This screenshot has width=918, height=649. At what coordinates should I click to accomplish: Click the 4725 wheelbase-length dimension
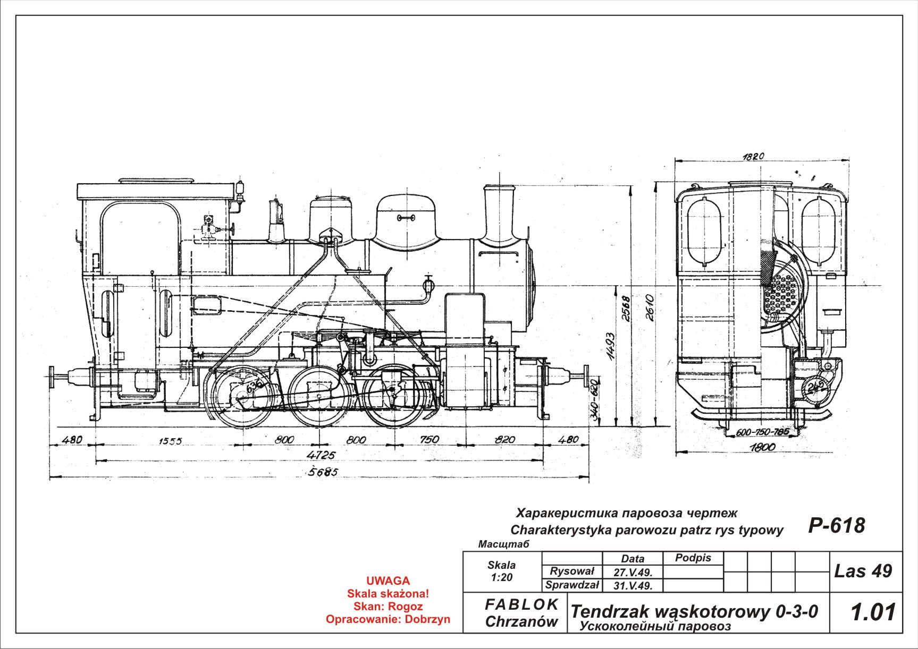(322, 455)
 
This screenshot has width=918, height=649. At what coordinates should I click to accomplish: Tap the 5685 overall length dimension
(323, 472)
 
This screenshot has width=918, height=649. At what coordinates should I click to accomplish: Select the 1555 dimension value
(170, 441)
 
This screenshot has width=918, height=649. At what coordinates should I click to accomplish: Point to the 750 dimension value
(429, 439)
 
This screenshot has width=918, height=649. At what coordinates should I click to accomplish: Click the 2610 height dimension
(650, 307)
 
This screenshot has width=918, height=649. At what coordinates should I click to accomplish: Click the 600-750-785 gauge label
(763, 432)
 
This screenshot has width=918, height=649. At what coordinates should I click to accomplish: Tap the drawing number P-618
(836, 525)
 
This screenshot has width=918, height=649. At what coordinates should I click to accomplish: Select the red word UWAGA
(388, 580)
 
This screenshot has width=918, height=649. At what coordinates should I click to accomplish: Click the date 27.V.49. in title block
(633, 573)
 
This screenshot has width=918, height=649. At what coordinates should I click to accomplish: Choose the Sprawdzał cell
(572, 585)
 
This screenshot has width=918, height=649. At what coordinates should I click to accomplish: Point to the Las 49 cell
(863, 571)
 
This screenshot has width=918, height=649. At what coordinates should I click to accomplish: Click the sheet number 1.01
(873, 612)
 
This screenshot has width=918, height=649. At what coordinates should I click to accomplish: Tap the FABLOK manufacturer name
(521, 604)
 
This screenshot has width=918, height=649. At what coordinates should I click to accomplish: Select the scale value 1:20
(501, 577)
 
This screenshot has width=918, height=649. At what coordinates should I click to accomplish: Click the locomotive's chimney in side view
(500, 212)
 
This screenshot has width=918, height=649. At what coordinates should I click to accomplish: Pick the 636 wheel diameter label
(254, 386)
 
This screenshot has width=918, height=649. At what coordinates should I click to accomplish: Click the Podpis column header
(693, 558)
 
